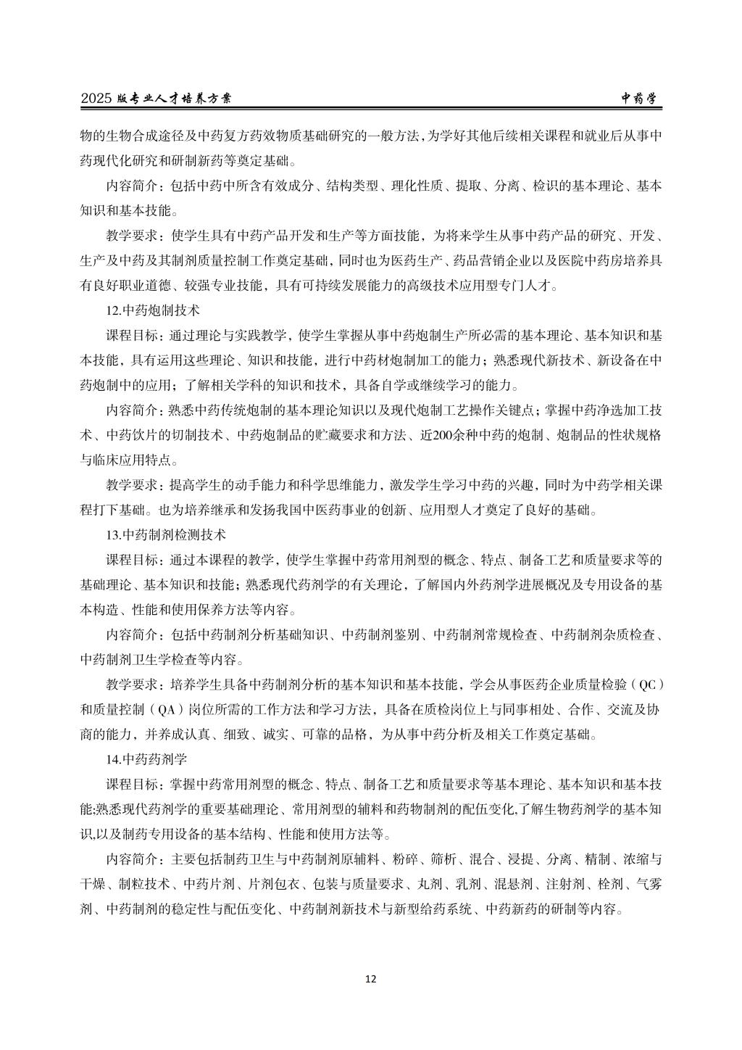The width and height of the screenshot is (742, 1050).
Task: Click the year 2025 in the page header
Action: click(x=94, y=99)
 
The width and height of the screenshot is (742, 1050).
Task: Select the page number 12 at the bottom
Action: click(x=370, y=979)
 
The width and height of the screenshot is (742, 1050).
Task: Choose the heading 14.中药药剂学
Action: click(x=146, y=761)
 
